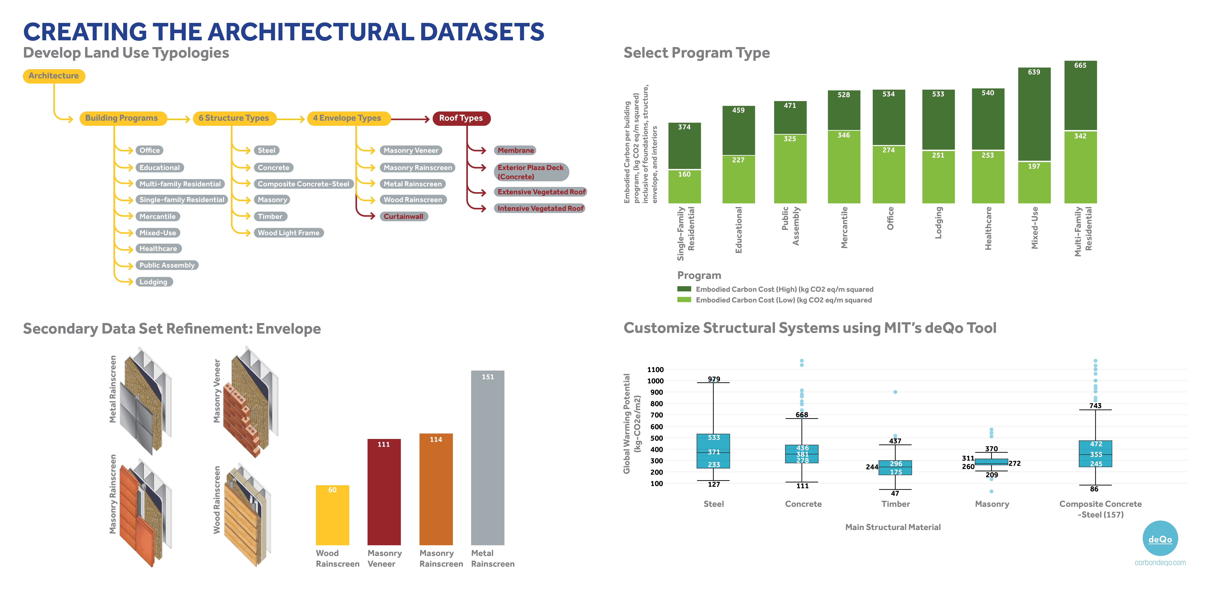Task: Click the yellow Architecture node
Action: click(53, 76)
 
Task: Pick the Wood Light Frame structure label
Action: click(288, 233)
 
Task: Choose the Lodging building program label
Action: click(153, 282)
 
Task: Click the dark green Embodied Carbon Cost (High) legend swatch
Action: click(684, 289)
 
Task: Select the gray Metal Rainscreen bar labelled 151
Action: click(488, 458)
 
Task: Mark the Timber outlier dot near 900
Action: click(895, 392)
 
